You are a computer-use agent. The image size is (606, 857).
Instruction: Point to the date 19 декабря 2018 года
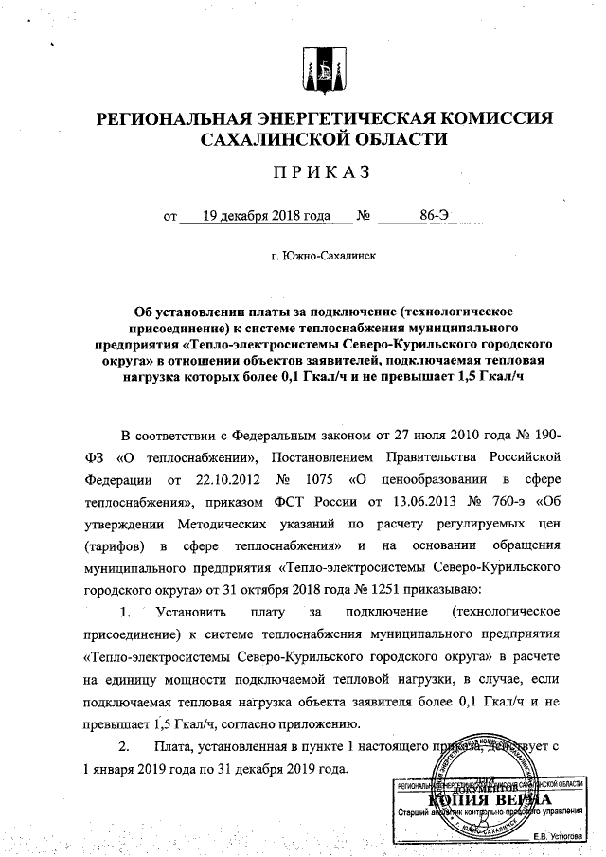pyautogui.click(x=259, y=215)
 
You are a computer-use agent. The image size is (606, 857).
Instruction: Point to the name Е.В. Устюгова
pyautogui.click(x=559, y=837)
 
